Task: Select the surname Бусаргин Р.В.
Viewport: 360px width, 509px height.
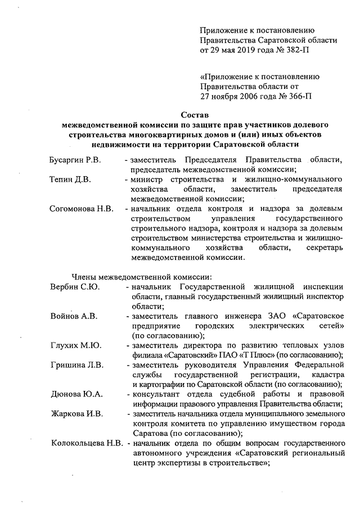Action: (75, 161)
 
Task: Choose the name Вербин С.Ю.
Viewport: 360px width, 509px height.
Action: (74, 287)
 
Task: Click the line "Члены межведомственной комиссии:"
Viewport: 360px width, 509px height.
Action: (142, 276)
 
